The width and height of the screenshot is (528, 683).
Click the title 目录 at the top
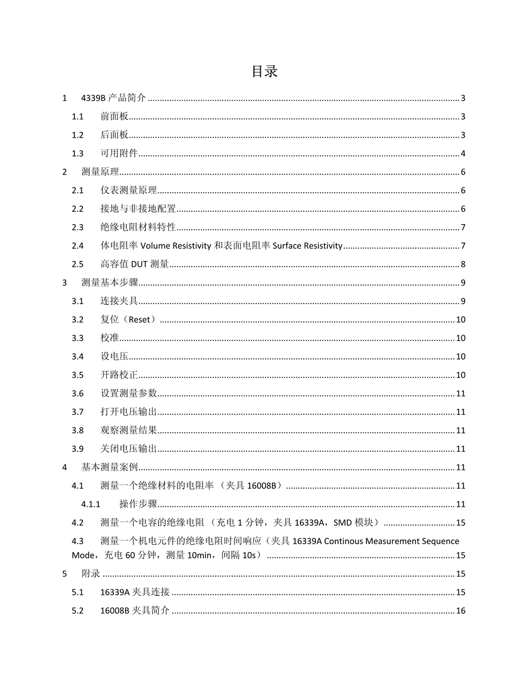(265, 71)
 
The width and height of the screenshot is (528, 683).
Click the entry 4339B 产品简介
(113, 98)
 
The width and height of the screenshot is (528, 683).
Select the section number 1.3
(78, 154)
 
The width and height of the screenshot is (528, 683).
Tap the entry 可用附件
(119, 154)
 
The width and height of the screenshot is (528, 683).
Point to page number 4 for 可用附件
(463, 154)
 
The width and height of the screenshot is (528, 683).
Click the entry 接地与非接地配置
(138, 209)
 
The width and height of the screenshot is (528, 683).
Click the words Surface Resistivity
(307, 246)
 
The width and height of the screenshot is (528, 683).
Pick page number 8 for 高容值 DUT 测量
(463, 264)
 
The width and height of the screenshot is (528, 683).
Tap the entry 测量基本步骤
(109, 283)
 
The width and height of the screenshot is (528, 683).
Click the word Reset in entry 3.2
(139, 320)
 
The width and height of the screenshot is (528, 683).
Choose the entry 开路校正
(119, 375)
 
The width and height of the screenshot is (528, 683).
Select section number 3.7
(78, 412)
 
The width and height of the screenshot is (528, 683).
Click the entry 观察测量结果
(128, 431)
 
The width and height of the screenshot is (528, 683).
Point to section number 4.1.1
(91, 505)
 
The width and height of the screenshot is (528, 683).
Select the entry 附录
(91, 574)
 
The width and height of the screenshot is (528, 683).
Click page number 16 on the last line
(460, 611)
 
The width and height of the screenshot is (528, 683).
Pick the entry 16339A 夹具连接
(135, 593)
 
